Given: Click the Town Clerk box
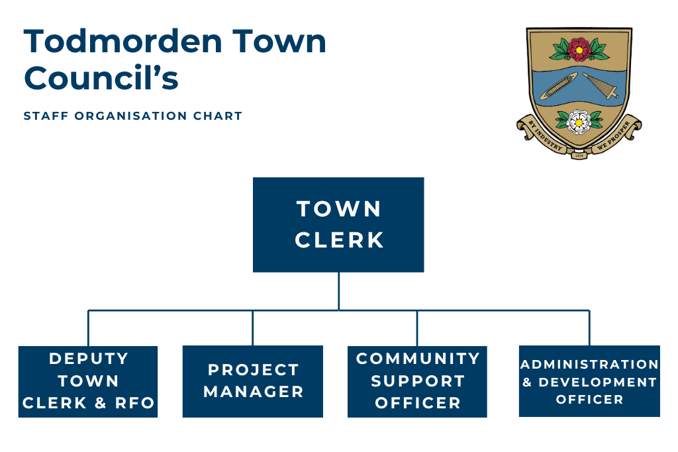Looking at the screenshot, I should (338, 224).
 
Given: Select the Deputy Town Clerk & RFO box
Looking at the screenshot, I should (88, 381).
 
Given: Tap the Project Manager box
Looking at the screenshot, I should (253, 381).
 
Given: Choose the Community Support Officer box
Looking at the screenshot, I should (417, 381).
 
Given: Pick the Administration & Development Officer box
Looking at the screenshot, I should (589, 381).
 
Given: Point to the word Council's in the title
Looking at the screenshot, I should (101, 79).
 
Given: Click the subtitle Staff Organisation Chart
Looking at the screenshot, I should (133, 116).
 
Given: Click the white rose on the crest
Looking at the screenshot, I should (579, 120).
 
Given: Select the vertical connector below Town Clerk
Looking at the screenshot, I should (338, 291).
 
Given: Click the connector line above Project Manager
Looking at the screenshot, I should (253, 328).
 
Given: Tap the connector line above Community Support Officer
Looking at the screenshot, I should (417, 328).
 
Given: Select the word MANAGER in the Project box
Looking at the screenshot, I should (254, 392).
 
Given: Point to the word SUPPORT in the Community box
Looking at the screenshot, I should (417, 381).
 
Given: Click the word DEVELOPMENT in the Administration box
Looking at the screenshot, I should (597, 383).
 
